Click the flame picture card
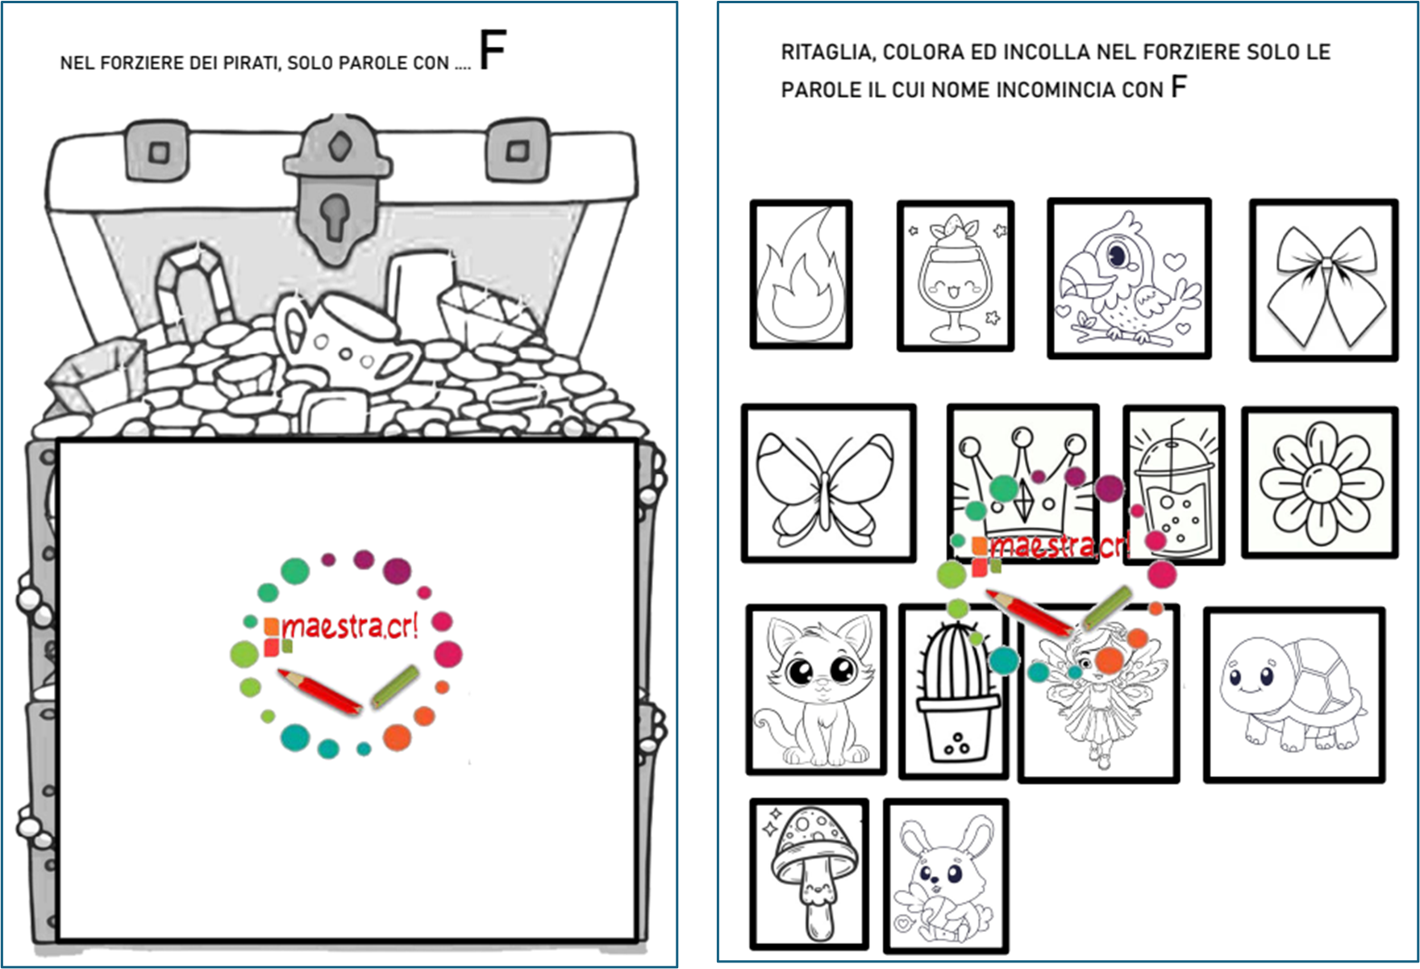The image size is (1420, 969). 801,274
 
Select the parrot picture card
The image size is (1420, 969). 1129,278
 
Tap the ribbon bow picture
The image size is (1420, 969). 1323,280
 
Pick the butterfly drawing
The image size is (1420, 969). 828,482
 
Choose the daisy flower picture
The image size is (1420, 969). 1319,482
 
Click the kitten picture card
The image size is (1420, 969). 816,690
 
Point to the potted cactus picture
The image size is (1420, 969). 954,691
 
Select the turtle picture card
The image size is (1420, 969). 1294,695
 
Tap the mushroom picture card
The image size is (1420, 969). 809,874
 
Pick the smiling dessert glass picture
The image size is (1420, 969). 956,276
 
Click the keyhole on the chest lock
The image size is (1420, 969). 333,215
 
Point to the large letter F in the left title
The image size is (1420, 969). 493,49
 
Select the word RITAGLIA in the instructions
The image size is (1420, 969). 827,52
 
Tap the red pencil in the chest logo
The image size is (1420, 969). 319,691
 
